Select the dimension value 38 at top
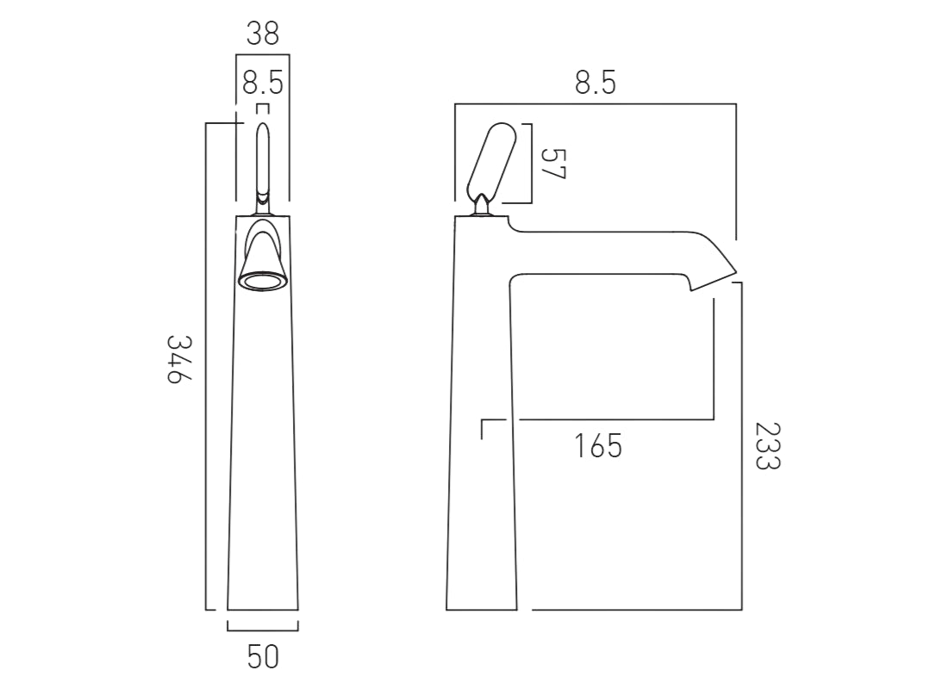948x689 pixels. click(263, 34)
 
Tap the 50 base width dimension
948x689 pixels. click(263, 658)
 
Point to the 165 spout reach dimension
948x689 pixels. click(598, 446)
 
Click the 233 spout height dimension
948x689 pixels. click(766, 445)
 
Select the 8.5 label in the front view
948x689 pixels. click(263, 84)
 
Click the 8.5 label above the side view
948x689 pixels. click(596, 84)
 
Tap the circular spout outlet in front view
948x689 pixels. click(263, 280)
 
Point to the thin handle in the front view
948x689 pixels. click(263, 159)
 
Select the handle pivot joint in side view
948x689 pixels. click(482, 205)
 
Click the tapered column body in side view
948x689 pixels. click(481, 431)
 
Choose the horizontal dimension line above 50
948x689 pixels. click(263, 631)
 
